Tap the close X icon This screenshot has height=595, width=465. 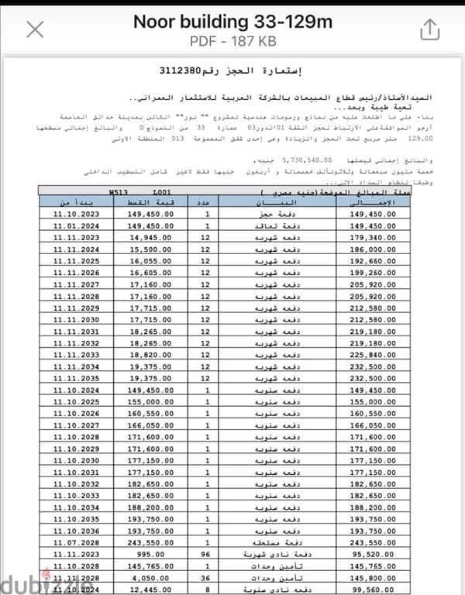[35, 30]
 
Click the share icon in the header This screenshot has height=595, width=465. [429, 29]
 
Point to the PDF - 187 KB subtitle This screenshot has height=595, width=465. [232, 40]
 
